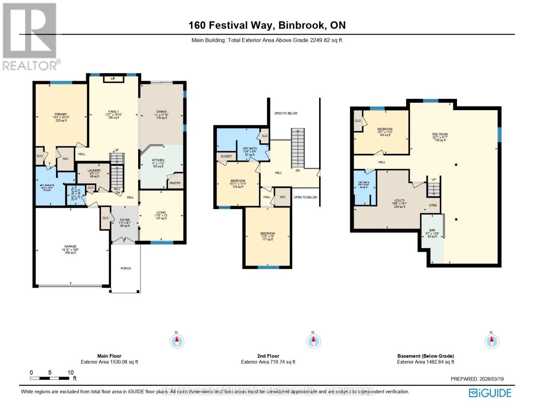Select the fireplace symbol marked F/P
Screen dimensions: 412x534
tap(113, 79)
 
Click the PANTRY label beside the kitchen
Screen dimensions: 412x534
tap(175, 183)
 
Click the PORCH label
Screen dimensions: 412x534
tap(126, 268)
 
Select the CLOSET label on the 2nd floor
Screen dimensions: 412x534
tap(226, 156)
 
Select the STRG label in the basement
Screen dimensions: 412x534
tap(433, 205)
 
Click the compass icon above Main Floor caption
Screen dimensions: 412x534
tap(177, 341)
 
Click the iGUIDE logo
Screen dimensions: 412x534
tap(490, 393)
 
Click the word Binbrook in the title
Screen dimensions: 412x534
tap(301, 25)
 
